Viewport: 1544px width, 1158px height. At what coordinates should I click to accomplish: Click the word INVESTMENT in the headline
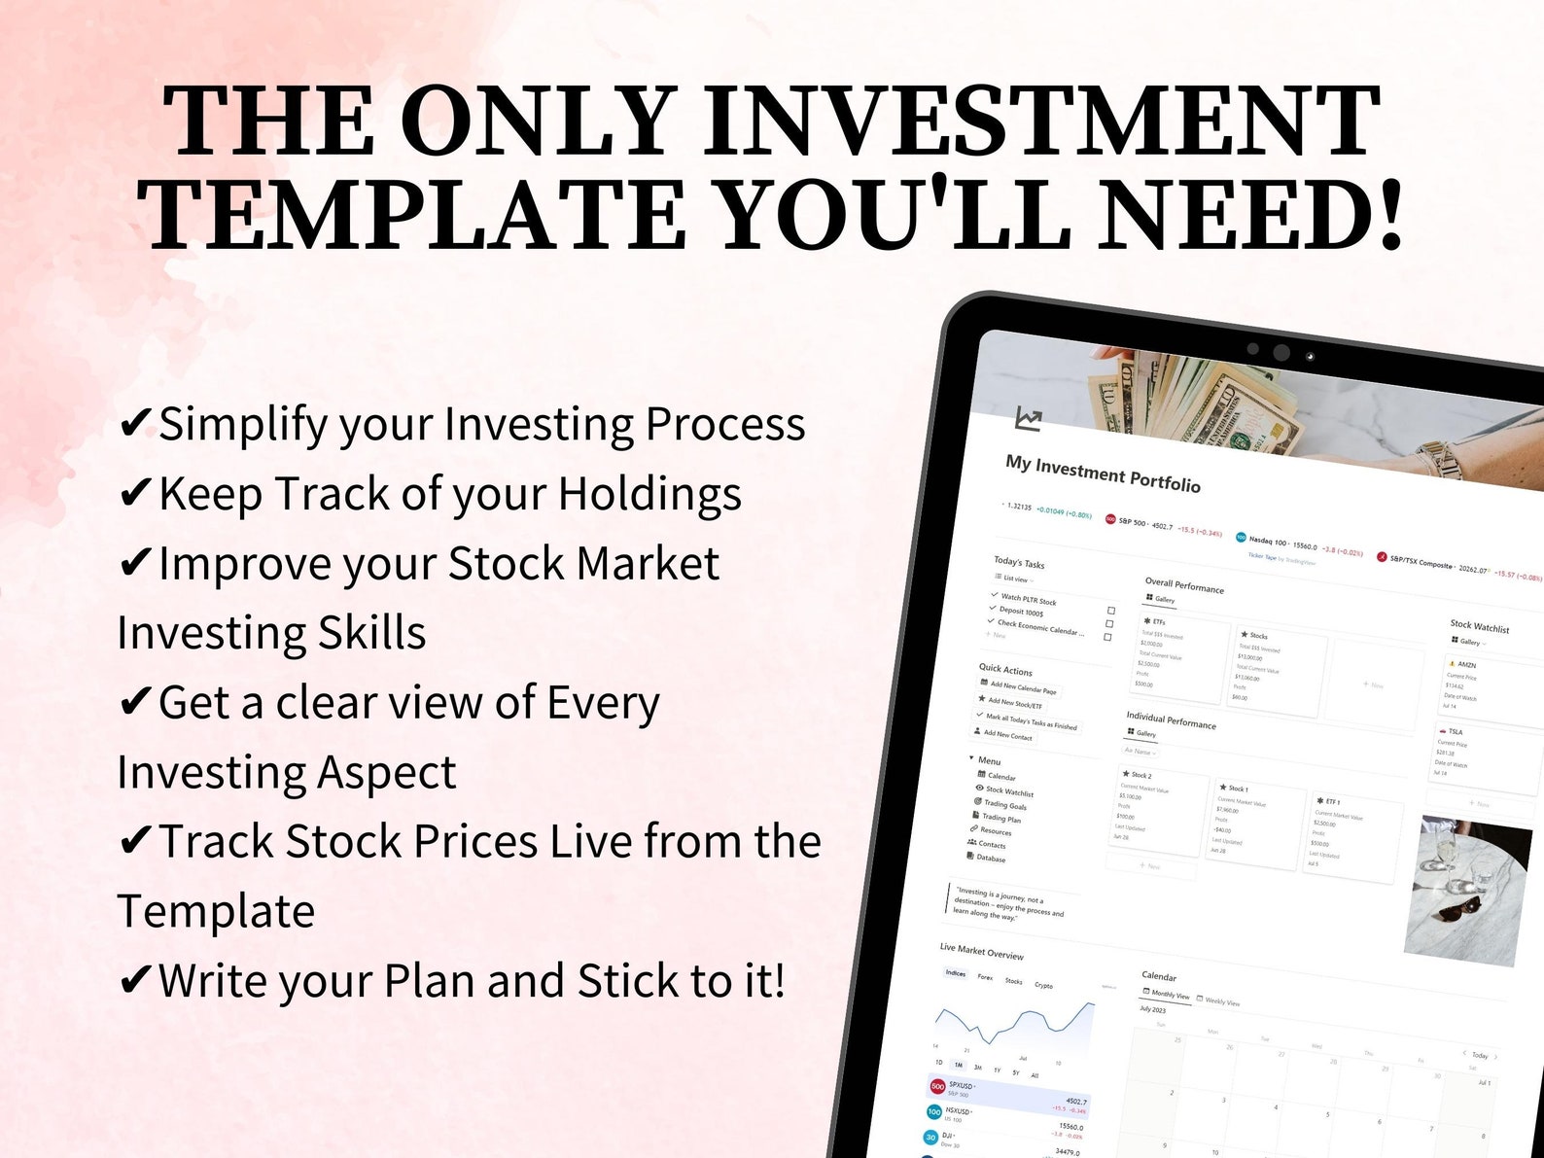point(1041,121)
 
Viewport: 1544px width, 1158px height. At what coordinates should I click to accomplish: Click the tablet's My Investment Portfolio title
point(1103,473)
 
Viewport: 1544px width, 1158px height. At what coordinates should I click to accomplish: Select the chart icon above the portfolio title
point(1028,419)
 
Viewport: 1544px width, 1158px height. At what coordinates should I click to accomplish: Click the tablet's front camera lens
point(1281,352)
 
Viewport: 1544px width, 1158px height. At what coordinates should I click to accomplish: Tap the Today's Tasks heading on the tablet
point(1019,563)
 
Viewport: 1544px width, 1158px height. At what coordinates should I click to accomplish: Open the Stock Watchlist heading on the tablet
point(1479,626)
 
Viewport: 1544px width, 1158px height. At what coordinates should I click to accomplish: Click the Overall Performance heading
point(1184,585)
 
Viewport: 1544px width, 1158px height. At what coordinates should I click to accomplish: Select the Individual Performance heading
point(1171,720)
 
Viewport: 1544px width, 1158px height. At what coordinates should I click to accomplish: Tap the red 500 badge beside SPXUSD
point(937,1086)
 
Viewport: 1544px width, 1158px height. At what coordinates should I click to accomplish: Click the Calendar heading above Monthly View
point(1158,975)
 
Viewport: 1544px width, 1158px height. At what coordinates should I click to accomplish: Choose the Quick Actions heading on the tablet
point(1005,670)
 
